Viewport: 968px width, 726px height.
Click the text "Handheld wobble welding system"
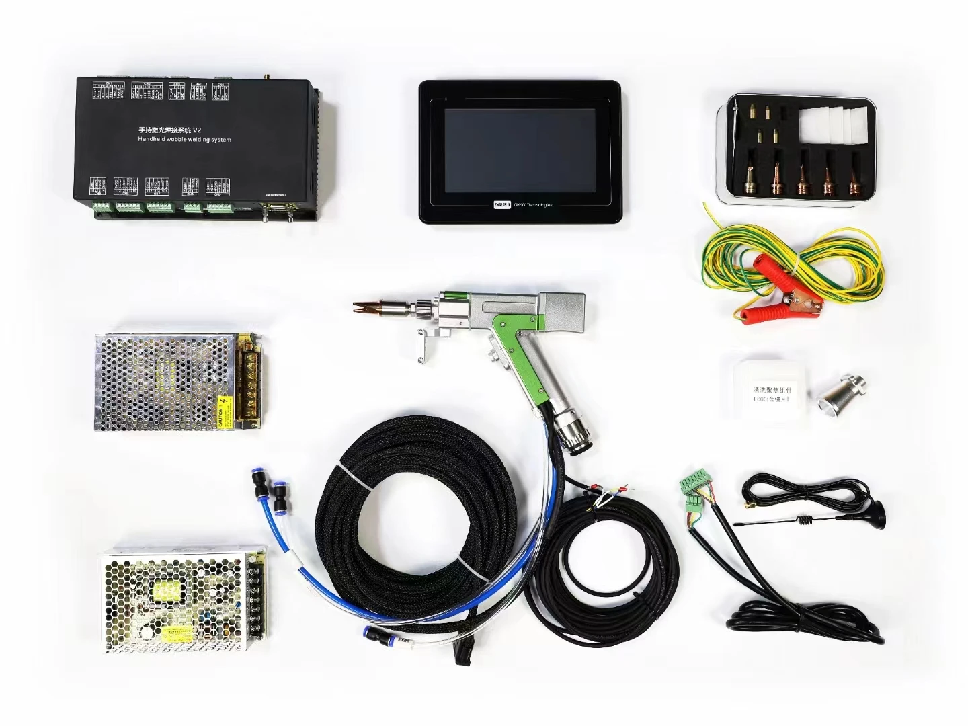[184, 140]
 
